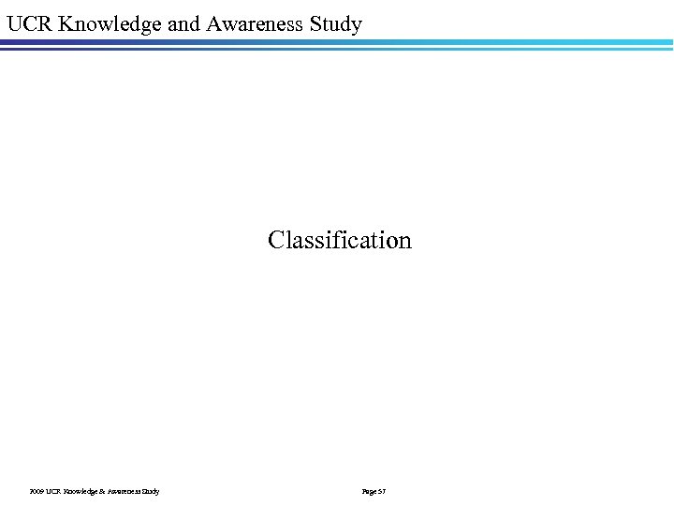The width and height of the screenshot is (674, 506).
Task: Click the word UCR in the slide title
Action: (x=28, y=23)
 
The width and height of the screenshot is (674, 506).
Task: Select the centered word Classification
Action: (x=339, y=240)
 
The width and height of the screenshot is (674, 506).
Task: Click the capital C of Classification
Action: (x=275, y=240)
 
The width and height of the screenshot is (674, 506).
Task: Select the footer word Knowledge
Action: (x=81, y=491)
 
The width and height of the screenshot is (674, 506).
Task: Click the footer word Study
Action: (x=152, y=491)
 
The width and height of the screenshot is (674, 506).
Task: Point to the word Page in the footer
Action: (x=368, y=491)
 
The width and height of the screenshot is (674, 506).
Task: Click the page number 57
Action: (x=382, y=491)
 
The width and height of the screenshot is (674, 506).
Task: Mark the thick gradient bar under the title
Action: (x=337, y=42)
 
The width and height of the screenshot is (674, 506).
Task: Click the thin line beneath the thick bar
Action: (x=337, y=49)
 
